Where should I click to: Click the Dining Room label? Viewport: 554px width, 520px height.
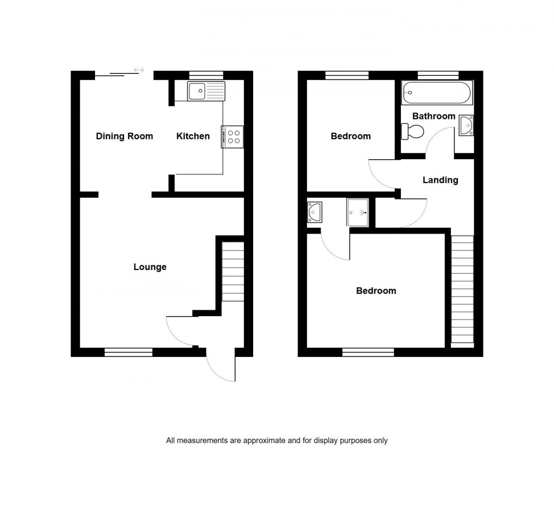(124, 136)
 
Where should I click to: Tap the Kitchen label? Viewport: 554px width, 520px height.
(193, 136)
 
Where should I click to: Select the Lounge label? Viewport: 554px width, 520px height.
(150, 267)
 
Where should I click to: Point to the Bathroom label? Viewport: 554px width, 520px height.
(433, 116)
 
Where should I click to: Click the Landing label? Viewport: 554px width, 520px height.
(440, 180)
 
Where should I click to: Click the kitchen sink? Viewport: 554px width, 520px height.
(206, 91)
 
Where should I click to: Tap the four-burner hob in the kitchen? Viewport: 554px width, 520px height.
(232, 136)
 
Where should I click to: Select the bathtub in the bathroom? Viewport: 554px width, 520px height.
(437, 93)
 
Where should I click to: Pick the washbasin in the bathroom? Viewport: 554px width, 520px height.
(466, 125)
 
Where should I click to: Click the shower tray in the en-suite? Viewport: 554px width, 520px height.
(358, 212)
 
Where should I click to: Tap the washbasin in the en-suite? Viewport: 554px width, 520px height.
(315, 212)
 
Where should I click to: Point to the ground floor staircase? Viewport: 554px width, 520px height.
(233, 272)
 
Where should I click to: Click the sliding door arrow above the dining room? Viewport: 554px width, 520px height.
(138, 70)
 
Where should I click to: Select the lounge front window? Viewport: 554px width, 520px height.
(128, 352)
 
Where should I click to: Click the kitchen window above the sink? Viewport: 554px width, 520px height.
(206, 75)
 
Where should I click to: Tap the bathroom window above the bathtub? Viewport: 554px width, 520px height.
(438, 75)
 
